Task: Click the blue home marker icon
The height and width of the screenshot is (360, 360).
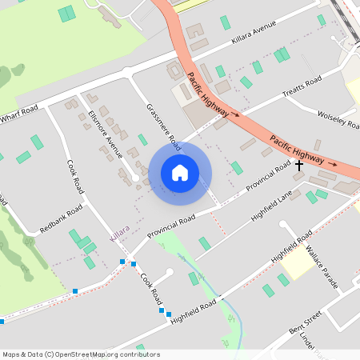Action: coord(180,173)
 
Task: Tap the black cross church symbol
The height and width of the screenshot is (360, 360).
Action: coord(300,166)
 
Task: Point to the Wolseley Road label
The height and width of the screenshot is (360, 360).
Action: coord(338,120)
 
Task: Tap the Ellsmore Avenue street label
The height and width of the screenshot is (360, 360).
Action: coord(104,133)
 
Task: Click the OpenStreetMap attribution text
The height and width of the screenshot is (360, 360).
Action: coord(70,354)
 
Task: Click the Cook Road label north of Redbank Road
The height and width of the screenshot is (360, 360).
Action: coord(75,175)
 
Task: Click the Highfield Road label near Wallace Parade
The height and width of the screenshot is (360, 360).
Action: coord(291,248)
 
